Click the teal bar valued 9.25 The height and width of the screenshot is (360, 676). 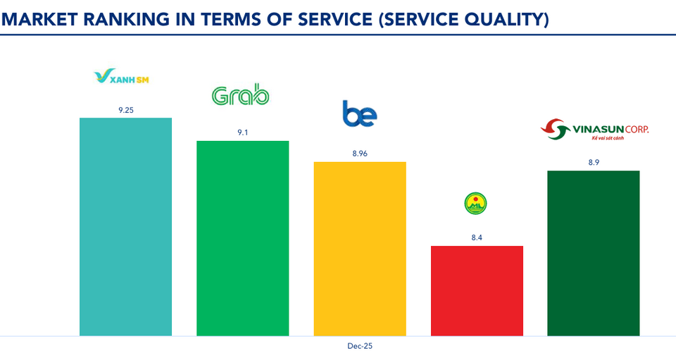coord(125,226)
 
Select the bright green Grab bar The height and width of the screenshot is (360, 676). coord(242,237)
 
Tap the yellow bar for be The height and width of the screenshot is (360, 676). coord(359,248)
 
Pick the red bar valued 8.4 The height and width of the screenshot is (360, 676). coord(476,290)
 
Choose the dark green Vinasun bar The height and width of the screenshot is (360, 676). coord(593,252)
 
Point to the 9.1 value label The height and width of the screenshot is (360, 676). coord(242,132)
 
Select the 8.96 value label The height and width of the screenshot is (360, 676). coord(359,153)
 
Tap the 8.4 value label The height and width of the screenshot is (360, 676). coord(477,237)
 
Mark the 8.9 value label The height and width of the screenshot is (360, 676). coord(594,162)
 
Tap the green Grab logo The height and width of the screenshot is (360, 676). coord(240,96)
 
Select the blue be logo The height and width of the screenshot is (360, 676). coord(360,114)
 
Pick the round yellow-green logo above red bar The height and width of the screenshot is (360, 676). coord(476,204)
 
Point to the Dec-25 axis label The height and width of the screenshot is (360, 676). coord(359,347)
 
